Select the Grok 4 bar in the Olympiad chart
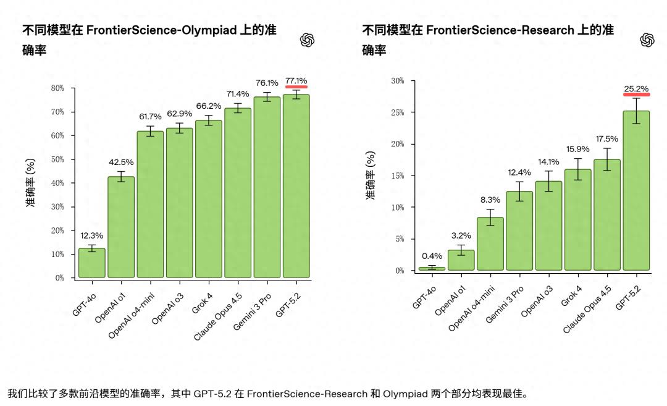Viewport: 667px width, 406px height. tap(208, 199)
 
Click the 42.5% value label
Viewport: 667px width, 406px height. tap(121, 163)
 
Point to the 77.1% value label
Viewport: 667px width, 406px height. tap(296, 80)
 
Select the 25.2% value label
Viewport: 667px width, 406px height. tap(636, 88)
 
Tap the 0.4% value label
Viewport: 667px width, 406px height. tap(432, 256)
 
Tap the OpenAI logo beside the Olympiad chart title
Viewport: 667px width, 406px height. tap(308, 40)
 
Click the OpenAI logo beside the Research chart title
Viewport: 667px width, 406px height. tap(647, 40)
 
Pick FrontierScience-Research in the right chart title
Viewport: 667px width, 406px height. tap(500, 30)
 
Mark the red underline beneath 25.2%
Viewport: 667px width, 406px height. tap(636, 95)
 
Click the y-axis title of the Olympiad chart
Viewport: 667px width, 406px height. tap(30, 183)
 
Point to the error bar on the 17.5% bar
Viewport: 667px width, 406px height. tap(606, 159)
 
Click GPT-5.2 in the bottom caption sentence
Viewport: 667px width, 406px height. tap(213, 394)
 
